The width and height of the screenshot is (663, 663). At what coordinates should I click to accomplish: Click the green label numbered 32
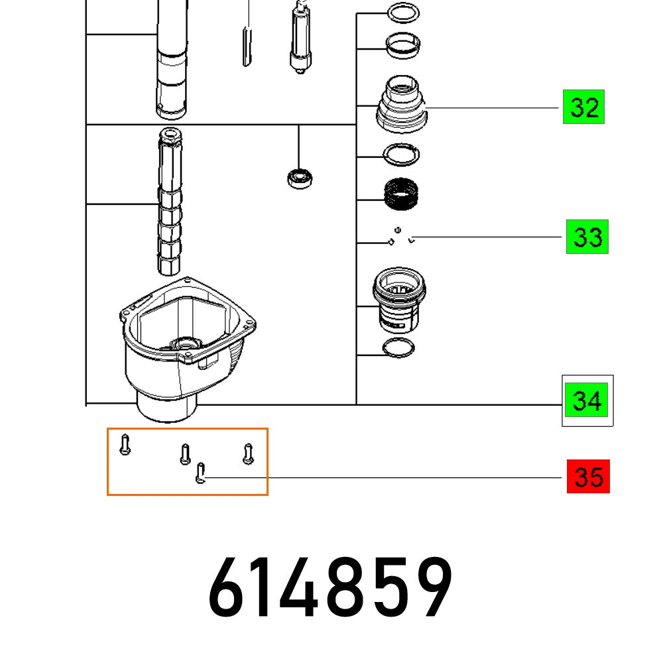click(583, 107)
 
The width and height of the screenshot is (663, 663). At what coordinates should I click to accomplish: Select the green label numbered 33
click(587, 237)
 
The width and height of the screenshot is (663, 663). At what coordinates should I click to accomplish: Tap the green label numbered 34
click(587, 401)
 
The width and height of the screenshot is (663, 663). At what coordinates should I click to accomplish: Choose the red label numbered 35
click(588, 477)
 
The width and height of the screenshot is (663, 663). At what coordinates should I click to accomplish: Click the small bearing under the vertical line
click(299, 177)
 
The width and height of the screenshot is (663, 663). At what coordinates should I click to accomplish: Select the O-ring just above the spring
click(402, 155)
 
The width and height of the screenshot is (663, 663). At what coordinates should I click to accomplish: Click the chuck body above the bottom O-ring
click(398, 300)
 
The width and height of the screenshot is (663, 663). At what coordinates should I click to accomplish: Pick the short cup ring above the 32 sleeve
click(402, 45)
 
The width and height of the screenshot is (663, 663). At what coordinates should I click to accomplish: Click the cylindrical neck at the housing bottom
click(167, 406)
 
